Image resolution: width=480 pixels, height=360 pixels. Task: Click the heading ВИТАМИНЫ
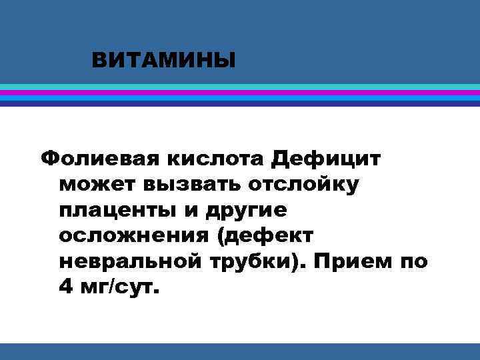[164, 62]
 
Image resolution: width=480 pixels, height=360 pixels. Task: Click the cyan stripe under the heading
[240, 87]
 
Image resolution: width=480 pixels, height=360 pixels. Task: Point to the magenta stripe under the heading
[240, 93]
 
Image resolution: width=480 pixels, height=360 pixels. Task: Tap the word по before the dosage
[412, 261]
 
